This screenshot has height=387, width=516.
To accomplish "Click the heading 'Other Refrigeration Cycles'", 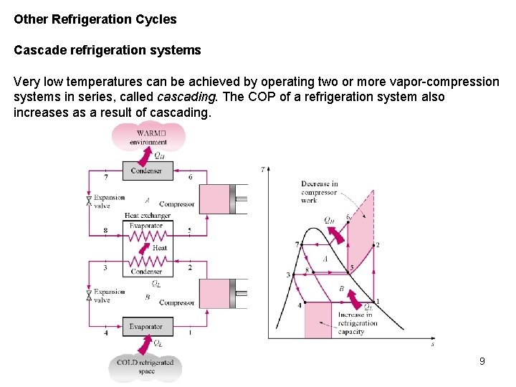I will [x=95, y=19].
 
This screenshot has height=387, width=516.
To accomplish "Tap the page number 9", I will [x=482, y=361].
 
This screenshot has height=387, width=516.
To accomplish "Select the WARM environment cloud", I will [x=148, y=137].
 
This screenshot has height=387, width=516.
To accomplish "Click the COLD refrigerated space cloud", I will [x=146, y=366].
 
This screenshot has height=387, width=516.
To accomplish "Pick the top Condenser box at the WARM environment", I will [x=146, y=171].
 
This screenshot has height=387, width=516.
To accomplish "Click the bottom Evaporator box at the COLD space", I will [x=146, y=327].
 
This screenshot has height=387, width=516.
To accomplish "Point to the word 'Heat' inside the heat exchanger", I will [x=160, y=248].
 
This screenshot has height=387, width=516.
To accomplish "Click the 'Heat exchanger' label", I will [x=147, y=215].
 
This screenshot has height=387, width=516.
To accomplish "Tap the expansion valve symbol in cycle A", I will [x=88, y=201].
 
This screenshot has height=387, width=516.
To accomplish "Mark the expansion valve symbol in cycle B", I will [x=88, y=295].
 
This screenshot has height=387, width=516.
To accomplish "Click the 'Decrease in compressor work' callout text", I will [x=319, y=192].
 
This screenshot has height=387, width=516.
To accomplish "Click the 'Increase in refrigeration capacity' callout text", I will [x=356, y=323].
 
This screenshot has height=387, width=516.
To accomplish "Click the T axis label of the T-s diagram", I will [x=263, y=170].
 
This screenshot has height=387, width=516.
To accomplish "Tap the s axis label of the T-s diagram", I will [x=432, y=345].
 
